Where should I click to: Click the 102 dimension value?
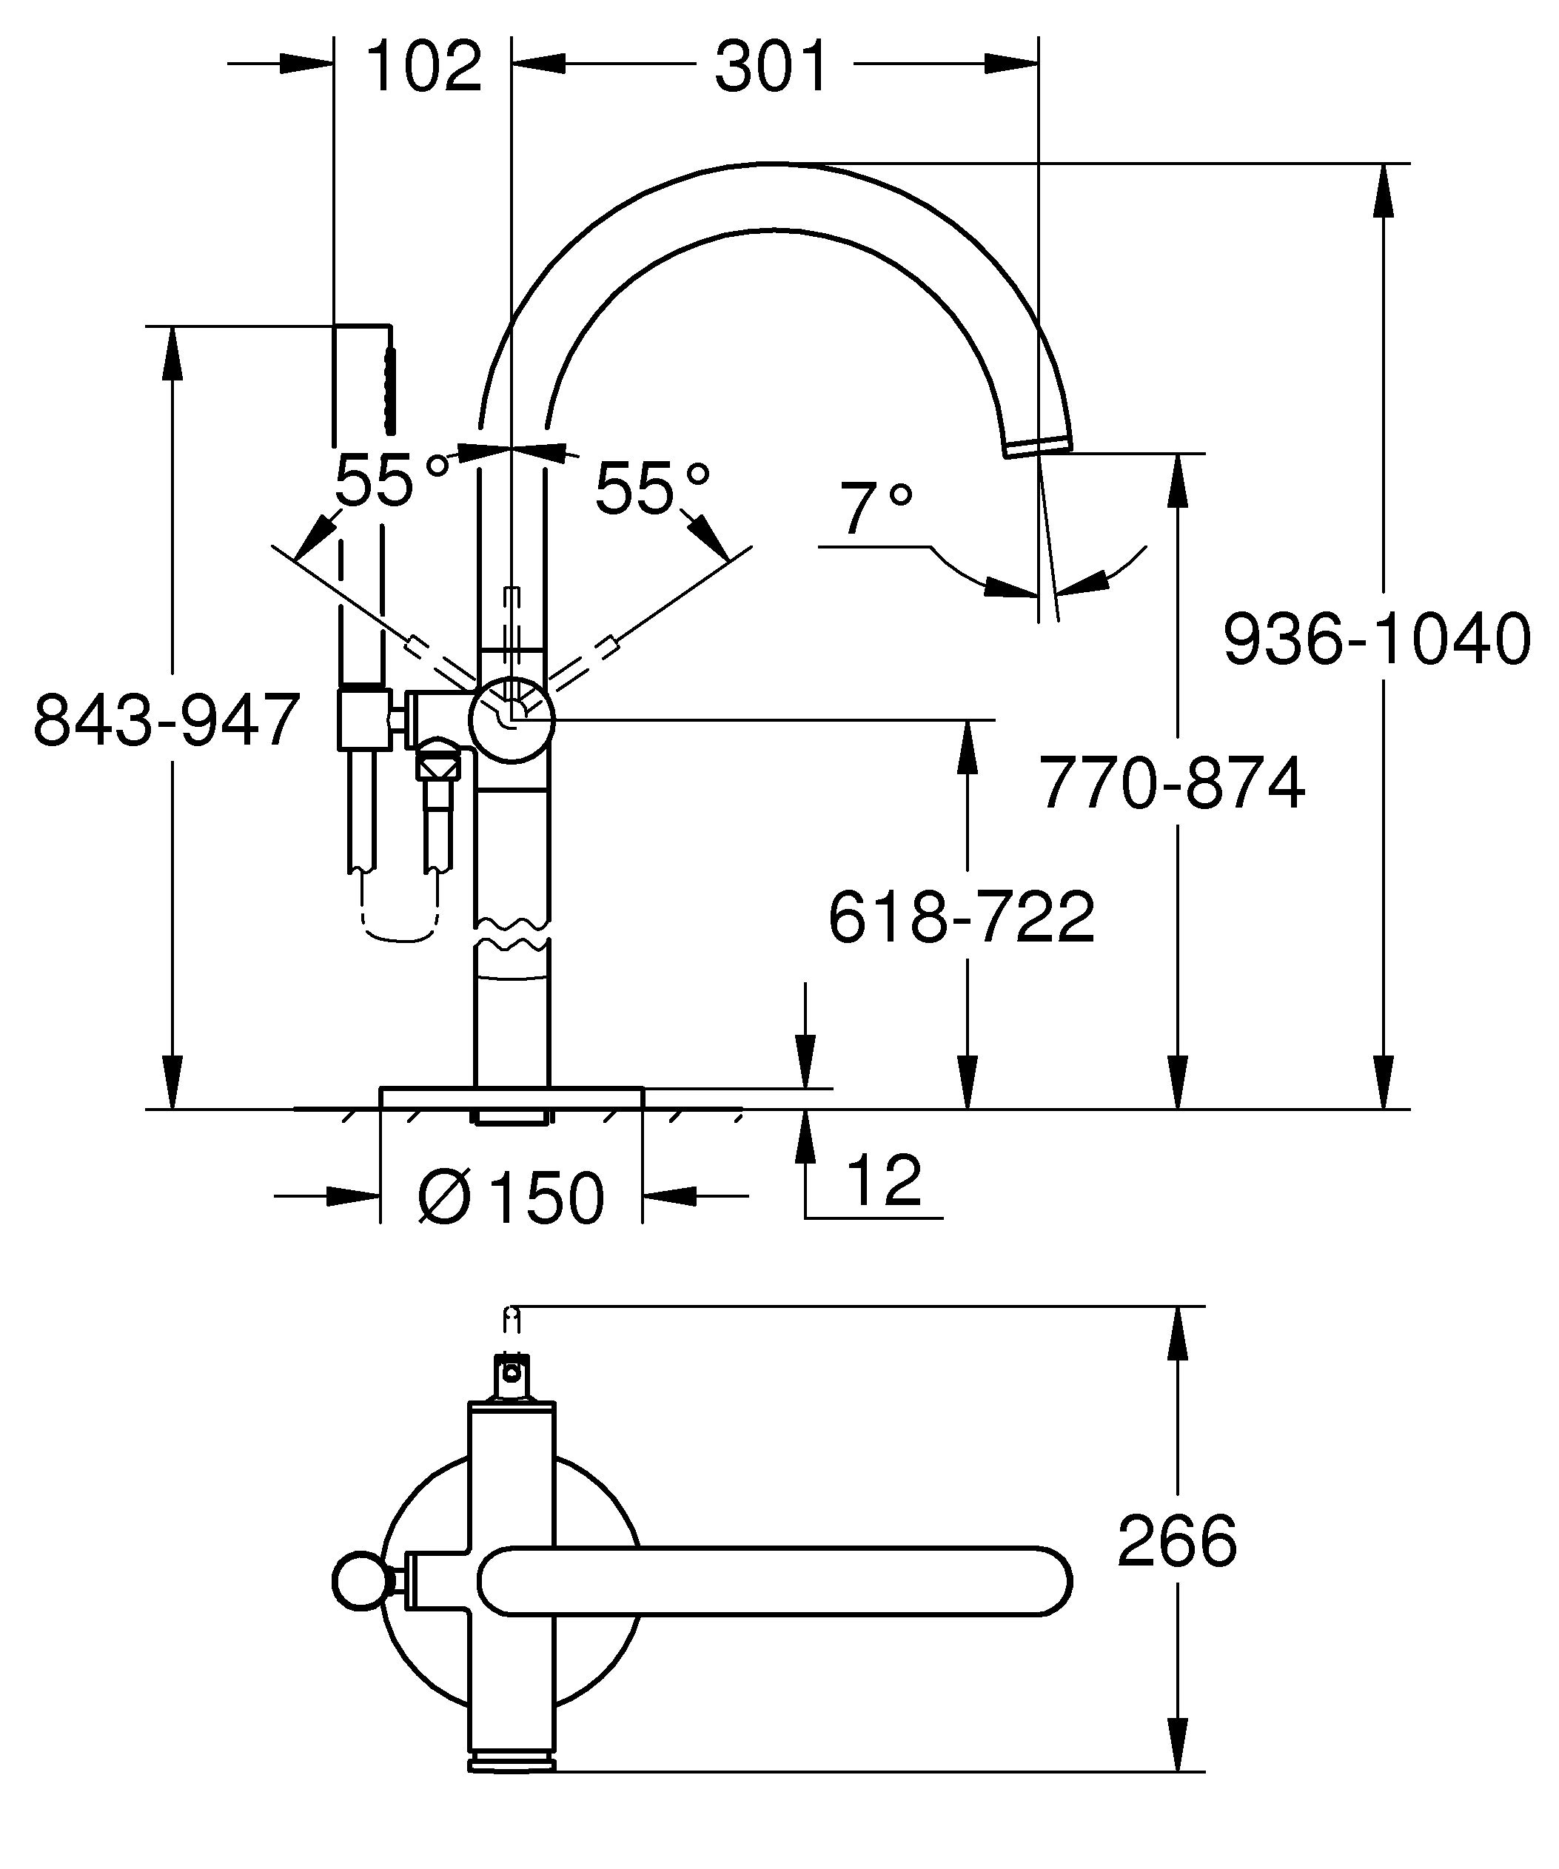coord(423,66)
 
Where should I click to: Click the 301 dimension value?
coord(771,66)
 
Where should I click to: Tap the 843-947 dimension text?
coord(167,719)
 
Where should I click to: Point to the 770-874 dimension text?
coord(1172,783)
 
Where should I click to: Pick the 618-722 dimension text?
coord(961,918)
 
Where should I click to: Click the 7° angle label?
coord(876,509)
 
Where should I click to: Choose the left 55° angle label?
coord(389,480)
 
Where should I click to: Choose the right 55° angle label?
coord(651,488)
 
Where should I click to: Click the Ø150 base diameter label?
coord(512,1197)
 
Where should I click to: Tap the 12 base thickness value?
coord(884,1180)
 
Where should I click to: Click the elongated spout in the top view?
coord(774,1580)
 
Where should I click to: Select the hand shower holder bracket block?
coord(362,717)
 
